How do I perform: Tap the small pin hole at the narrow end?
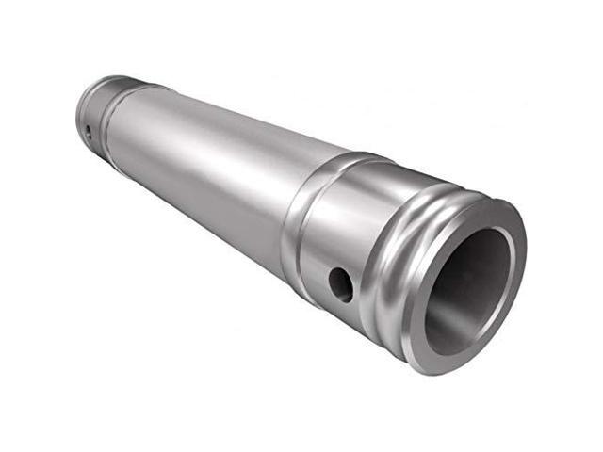coord(87,131)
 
